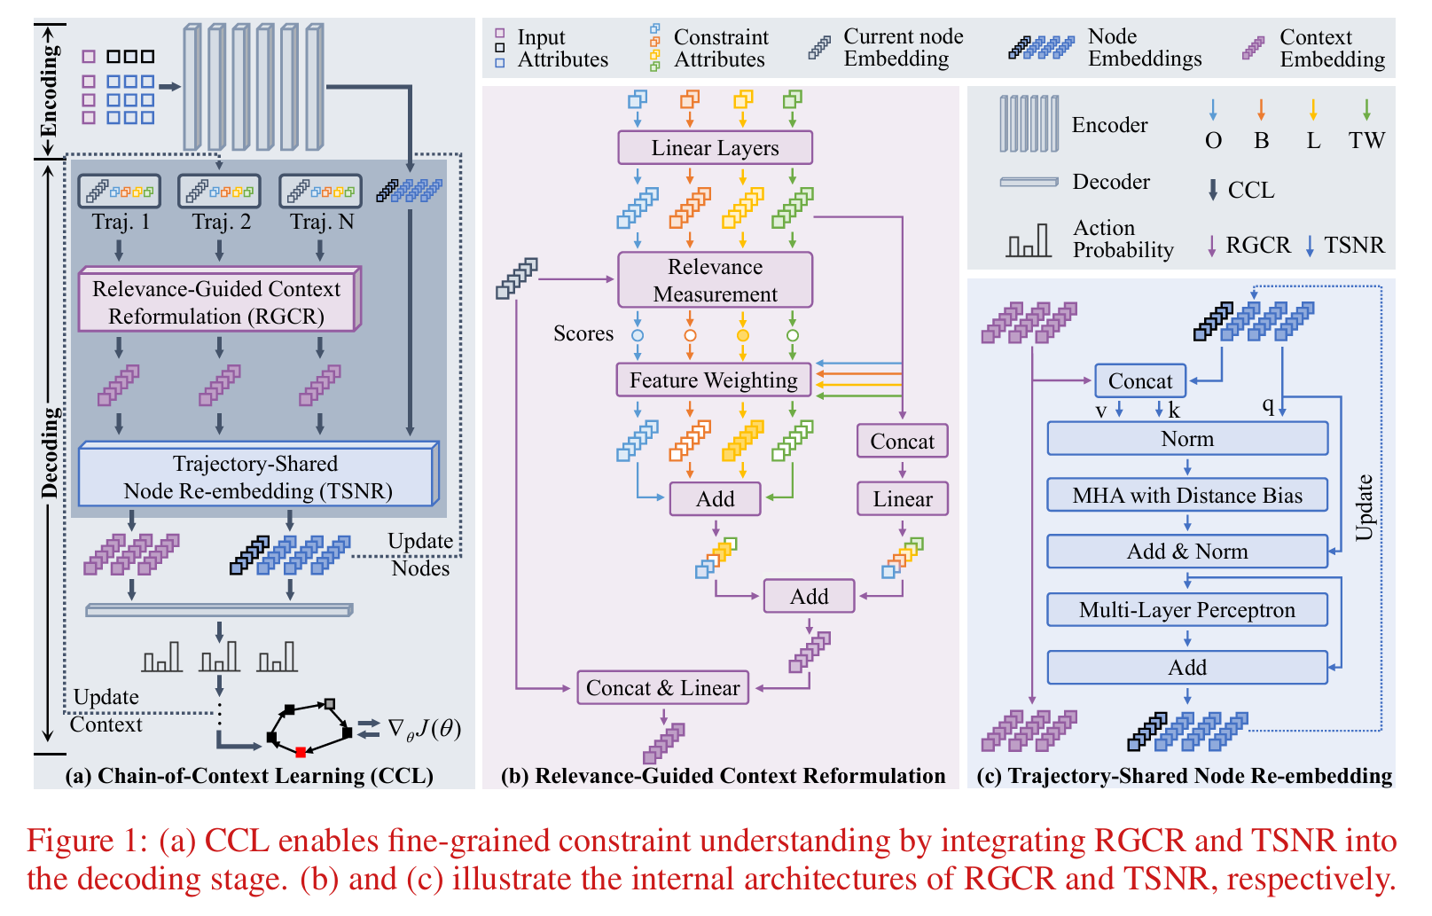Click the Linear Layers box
click(715, 148)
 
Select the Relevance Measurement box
click(715, 280)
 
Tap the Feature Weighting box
click(713, 380)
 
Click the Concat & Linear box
click(662, 688)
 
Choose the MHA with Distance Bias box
click(1187, 496)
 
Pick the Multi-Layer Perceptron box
click(1187, 610)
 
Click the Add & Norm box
click(1187, 552)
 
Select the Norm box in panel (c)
click(1187, 439)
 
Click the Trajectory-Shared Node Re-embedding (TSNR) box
click(257, 477)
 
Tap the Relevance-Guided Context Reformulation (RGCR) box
click(216, 302)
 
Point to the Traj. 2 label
click(221, 222)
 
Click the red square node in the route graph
click(301, 752)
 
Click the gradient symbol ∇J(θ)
click(424, 729)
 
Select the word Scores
click(583, 333)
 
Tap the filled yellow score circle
click(743, 335)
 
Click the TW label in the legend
click(1366, 141)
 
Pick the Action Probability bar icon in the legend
click(1029, 241)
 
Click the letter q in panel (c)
click(1268, 405)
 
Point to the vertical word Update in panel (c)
click(1364, 507)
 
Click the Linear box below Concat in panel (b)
click(902, 499)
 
